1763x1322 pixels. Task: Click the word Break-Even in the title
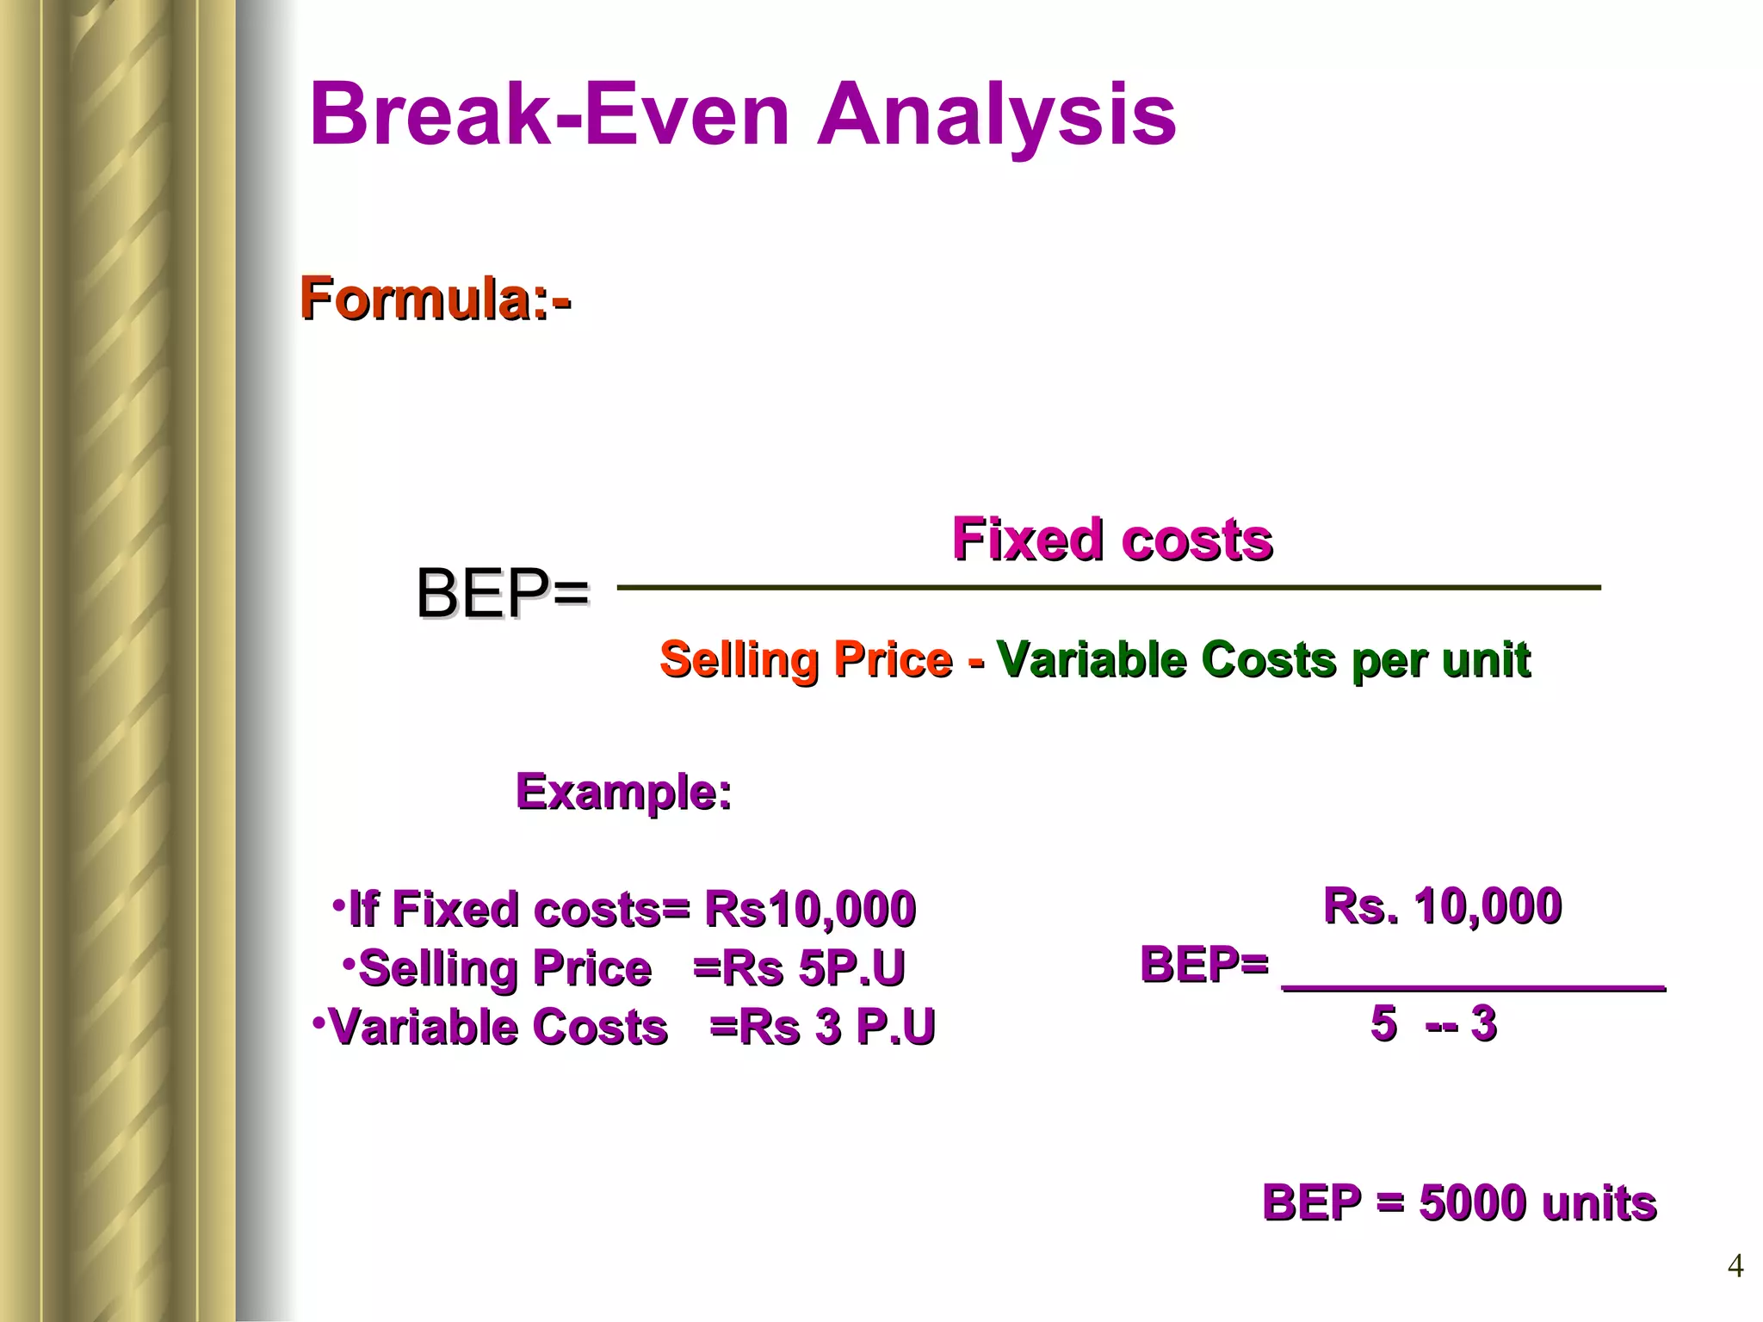tap(549, 115)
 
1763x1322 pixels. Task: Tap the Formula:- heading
tap(435, 299)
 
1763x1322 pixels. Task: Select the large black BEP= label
tap(503, 594)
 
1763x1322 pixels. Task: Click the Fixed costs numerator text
tap(1111, 540)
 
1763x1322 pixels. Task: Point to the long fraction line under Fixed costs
tap(1109, 588)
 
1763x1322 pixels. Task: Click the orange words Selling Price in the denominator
tap(807, 660)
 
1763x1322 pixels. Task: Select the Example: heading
tap(623, 792)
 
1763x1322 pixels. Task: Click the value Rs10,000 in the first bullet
tap(810, 909)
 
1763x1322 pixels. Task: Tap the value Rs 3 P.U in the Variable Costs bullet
tap(837, 1027)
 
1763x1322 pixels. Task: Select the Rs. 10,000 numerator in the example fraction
tap(1442, 906)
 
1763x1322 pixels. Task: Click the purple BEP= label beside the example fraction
tap(1203, 964)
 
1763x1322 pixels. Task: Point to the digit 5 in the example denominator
tap(1383, 1023)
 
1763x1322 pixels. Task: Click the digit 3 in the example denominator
tap(1483, 1023)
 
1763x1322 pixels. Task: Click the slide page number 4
tap(1735, 1266)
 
